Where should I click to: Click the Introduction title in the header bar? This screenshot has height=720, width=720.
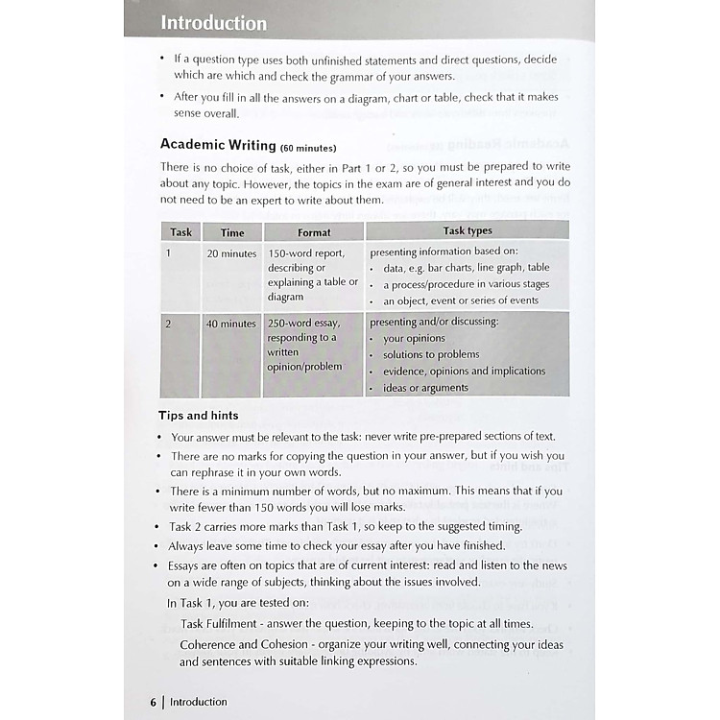[213, 23]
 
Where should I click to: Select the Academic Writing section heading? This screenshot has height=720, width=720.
[218, 145]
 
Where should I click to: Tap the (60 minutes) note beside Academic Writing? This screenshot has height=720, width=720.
[308, 148]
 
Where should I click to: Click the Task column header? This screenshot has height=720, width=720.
[180, 231]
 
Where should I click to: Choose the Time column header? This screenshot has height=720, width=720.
[232, 232]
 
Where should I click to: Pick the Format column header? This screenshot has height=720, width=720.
[314, 232]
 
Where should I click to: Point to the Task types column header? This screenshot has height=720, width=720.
[468, 231]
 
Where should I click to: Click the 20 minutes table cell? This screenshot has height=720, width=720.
[231, 254]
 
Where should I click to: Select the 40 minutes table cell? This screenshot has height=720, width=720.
[231, 324]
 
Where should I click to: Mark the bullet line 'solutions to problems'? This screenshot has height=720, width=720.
[431, 354]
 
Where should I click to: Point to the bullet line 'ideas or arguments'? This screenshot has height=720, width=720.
[425, 388]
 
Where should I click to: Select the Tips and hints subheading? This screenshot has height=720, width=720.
[199, 416]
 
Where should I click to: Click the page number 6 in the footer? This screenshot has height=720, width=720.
[153, 702]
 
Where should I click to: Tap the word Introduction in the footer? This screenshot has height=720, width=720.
[199, 702]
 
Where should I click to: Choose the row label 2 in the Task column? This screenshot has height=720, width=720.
[168, 324]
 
